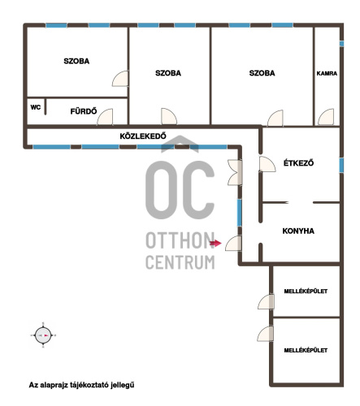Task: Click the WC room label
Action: click(x=36, y=107)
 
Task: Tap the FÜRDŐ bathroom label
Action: click(x=84, y=111)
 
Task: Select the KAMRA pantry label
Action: click(x=327, y=73)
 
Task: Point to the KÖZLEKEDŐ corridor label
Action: click(x=143, y=136)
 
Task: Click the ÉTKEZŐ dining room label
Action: click(x=298, y=163)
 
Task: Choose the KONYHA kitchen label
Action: click(x=298, y=231)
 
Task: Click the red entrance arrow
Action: click(x=215, y=243)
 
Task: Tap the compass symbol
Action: click(x=43, y=335)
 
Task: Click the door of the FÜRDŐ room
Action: click(x=105, y=117)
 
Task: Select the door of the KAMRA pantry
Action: click(x=326, y=117)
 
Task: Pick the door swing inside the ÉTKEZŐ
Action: click(x=267, y=164)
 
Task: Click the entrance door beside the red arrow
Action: click(x=233, y=243)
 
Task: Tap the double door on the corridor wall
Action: click(x=235, y=172)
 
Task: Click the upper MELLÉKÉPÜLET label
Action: click(x=306, y=292)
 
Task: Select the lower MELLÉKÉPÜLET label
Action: click(x=306, y=350)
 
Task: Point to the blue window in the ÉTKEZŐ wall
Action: click(x=341, y=165)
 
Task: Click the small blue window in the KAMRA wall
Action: click(x=341, y=44)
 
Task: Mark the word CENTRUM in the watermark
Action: click(x=180, y=261)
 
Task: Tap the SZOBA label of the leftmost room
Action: click(x=76, y=61)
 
